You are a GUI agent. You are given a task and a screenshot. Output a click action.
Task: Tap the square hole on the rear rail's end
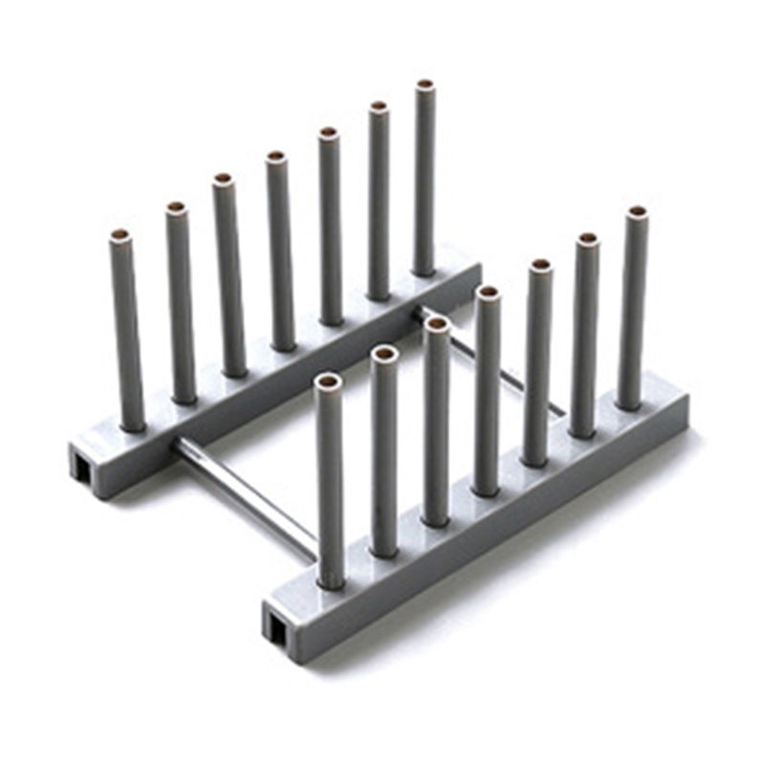[x=79, y=466]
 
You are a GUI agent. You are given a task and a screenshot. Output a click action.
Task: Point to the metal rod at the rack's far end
[x=488, y=359]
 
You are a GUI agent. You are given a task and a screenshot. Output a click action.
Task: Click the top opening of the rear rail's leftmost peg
[x=120, y=235]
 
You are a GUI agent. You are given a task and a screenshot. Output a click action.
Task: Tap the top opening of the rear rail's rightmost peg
[x=425, y=86]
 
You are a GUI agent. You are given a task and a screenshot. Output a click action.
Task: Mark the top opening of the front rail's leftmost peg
[x=327, y=382]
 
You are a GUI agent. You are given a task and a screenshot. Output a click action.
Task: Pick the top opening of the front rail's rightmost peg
[x=636, y=211]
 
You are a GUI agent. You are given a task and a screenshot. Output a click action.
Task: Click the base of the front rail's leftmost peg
[x=331, y=578]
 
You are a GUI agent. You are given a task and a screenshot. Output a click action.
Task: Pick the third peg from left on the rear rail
[x=229, y=277]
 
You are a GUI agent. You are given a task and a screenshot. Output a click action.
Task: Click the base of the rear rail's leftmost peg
[x=131, y=421]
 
